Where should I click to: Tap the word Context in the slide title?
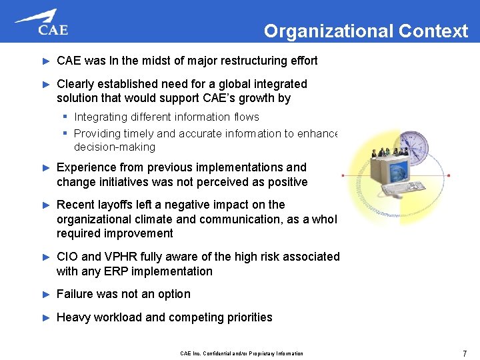(x=433, y=31)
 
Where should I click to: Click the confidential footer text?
(x=241, y=353)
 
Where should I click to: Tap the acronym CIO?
(x=68, y=257)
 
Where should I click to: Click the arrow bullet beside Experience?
(x=46, y=168)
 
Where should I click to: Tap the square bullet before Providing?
(x=68, y=133)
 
